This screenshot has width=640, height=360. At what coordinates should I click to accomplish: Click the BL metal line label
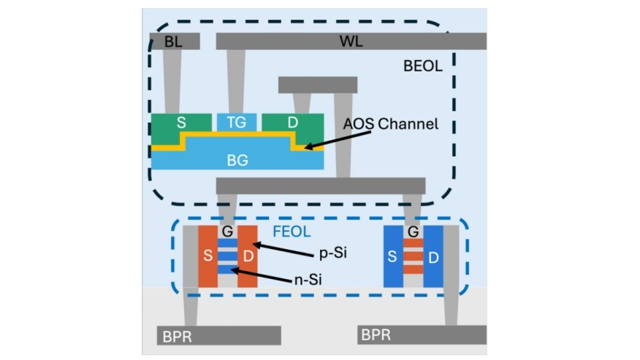pyautogui.click(x=173, y=42)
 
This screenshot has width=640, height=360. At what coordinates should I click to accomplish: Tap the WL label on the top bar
pyautogui.click(x=351, y=41)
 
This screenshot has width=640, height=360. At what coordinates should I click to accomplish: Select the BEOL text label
pyautogui.click(x=422, y=66)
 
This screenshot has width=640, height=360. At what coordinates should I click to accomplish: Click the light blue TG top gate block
pyautogui.click(x=237, y=122)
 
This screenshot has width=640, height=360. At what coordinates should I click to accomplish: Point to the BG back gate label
pyautogui.click(x=237, y=160)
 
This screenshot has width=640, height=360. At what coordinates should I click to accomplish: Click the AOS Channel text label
pyautogui.click(x=391, y=123)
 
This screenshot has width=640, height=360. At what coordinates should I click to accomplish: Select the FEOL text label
pyautogui.click(x=292, y=231)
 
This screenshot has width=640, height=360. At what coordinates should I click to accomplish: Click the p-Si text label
pyautogui.click(x=333, y=253)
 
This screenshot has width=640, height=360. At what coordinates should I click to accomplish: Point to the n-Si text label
pyautogui.click(x=308, y=280)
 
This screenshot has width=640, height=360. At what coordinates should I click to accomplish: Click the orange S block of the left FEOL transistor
pyautogui.click(x=207, y=256)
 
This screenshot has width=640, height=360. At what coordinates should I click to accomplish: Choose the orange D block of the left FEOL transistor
pyautogui.click(x=248, y=256)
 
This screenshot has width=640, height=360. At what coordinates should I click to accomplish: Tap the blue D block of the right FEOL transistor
pyautogui.click(x=433, y=256)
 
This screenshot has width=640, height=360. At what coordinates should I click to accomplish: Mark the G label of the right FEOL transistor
pyautogui.click(x=413, y=231)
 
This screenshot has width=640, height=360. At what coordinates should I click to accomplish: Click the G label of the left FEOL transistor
pyautogui.click(x=227, y=231)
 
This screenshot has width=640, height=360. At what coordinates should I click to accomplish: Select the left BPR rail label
pyautogui.click(x=177, y=337)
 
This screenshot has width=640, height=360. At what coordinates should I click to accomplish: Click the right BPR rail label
pyautogui.click(x=376, y=334)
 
